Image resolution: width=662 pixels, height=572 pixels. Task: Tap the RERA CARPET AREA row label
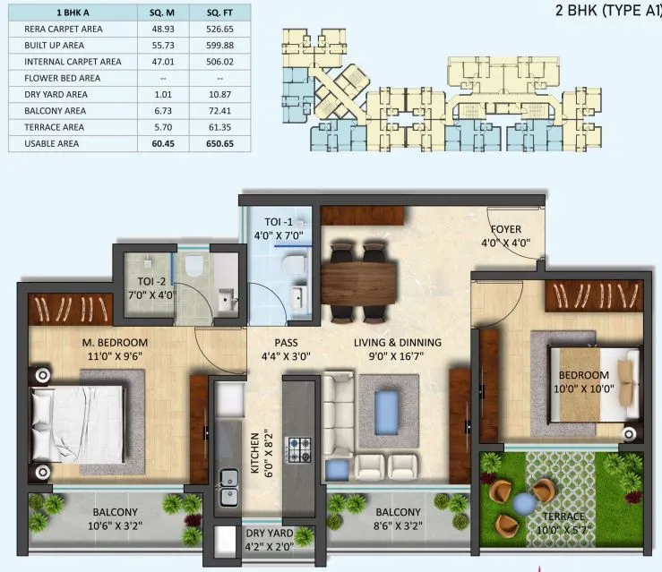tap(64, 30)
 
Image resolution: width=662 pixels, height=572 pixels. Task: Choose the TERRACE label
tap(563, 517)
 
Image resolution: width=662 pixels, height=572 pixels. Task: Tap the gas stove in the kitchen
tap(297, 447)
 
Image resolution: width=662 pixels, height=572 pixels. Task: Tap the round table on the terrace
tap(521, 504)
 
